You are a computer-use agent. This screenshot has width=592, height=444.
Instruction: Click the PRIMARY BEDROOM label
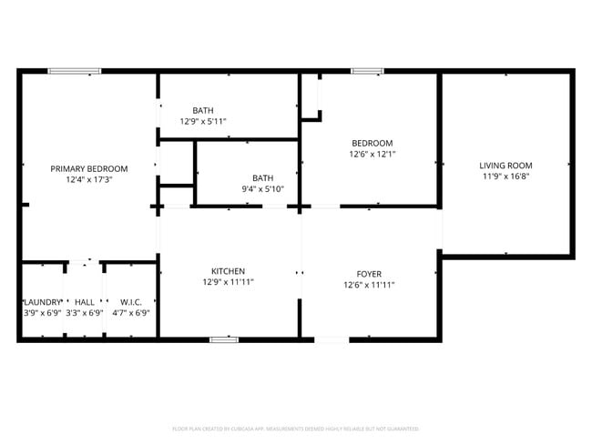[88, 168]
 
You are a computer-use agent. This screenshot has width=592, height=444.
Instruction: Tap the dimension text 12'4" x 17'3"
[88, 180]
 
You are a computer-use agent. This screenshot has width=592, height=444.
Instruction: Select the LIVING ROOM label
[505, 165]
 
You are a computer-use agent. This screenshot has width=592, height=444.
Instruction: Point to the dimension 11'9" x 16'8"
[505, 177]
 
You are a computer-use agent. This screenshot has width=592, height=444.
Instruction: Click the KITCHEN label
[228, 271]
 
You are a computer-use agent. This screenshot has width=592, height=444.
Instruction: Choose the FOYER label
[369, 274]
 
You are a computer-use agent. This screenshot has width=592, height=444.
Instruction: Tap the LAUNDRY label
[42, 302]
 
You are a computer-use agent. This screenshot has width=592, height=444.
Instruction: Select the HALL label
[85, 302]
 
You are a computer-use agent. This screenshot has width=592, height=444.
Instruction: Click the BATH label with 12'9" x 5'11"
[202, 109]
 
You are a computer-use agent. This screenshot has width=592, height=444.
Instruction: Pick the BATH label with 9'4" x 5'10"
[262, 177]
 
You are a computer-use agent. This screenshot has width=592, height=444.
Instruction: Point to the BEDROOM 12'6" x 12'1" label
[373, 143]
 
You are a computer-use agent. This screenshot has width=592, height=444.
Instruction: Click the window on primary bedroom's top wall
[75, 71]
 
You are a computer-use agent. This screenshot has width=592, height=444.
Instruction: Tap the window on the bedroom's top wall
[367, 71]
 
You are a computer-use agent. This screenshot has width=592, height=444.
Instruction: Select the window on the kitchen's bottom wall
[224, 339]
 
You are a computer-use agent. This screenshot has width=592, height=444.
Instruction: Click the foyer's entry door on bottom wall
[332, 339]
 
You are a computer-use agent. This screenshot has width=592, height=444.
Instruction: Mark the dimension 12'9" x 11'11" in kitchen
[228, 283]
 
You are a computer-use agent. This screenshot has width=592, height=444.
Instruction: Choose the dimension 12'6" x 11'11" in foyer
[369, 286]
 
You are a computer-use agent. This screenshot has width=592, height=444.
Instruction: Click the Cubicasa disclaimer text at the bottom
[295, 428]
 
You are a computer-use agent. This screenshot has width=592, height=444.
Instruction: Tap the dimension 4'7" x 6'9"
[130, 313]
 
